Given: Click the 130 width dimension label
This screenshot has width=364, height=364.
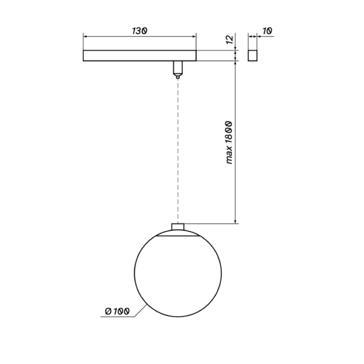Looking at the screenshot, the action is click(x=139, y=31).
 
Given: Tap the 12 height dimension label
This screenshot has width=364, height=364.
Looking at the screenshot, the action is click(x=230, y=39).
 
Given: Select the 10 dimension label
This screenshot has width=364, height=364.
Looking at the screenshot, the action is click(x=268, y=30).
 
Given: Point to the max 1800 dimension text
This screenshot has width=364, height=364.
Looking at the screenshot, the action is click(x=229, y=142).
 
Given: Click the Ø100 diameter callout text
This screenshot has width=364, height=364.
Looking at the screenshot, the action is click(x=117, y=311).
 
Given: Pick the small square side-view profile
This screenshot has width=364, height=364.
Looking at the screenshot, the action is click(x=253, y=55).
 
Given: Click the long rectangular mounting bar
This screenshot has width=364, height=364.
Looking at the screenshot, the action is click(x=139, y=55).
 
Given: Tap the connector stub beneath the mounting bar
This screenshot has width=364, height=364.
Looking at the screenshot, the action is click(x=178, y=70).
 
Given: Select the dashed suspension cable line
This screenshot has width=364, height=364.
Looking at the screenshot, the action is click(x=178, y=151).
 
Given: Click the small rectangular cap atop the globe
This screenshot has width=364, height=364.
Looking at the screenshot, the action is click(x=178, y=227).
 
